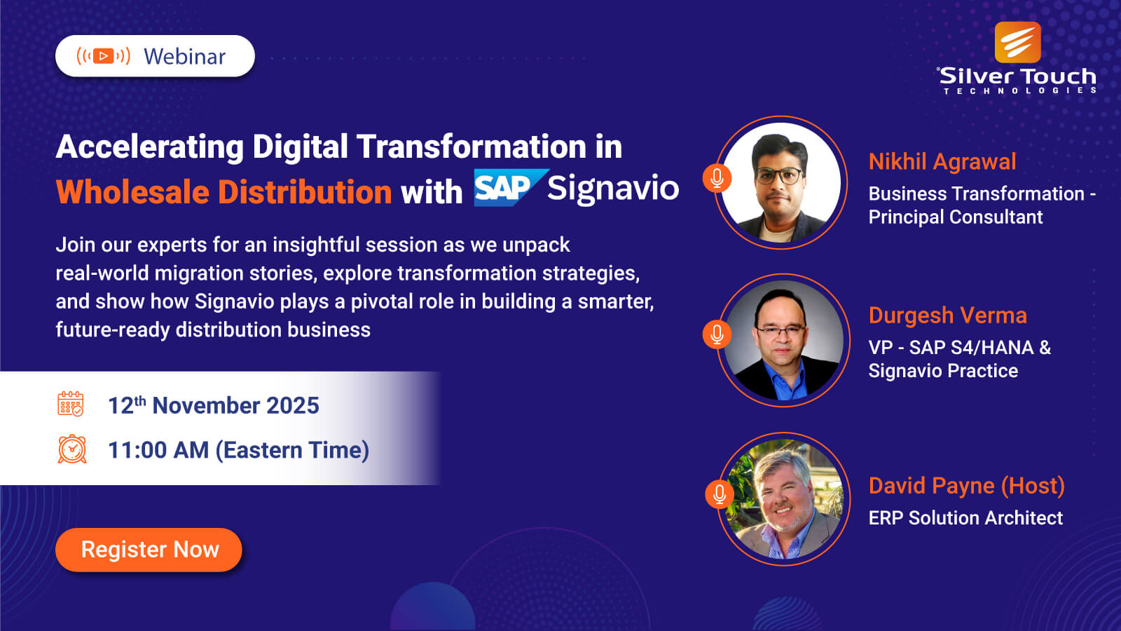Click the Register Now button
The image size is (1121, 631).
coord(149,550)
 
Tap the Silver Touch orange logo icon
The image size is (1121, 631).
coord(1017,42)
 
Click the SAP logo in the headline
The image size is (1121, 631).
coord(511,188)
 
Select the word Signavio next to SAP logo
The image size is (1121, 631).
coord(613,189)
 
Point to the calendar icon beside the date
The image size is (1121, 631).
coord(71,404)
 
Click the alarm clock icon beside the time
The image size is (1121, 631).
coord(72,449)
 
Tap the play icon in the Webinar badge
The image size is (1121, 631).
coord(103,56)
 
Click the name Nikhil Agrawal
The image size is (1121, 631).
coord(942,162)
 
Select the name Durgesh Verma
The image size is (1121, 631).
coord(948,315)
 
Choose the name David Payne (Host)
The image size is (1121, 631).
coord(967,486)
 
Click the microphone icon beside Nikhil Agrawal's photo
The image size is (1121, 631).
coord(717,178)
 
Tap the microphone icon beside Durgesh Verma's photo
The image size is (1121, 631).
coord(717,334)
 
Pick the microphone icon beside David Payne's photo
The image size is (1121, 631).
coord(720,494)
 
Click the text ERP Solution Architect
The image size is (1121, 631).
coord(965,518)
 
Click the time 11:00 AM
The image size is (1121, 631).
coord(158,449)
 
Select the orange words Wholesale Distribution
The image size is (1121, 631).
coord(223,192)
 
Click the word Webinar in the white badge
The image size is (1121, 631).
coord(185,57)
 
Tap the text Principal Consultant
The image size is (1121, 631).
coord(956,217)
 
